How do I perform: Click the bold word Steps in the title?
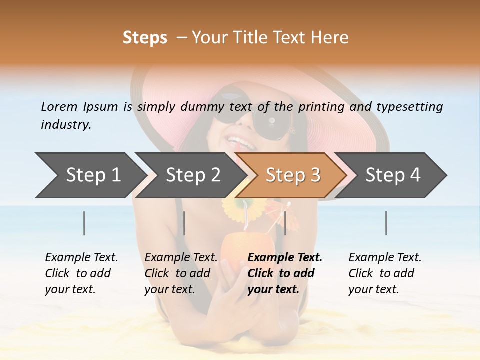(145, 38)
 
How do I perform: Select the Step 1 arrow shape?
(90, 175)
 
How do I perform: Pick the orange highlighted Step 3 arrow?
(292, 175)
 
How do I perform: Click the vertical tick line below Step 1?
(84, 223)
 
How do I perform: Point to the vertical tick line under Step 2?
(184, 223)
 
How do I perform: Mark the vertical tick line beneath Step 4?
(386, 223)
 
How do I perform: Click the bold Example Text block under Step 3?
(285, 273)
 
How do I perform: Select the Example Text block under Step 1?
(81, 273)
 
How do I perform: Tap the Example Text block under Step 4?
(385, 273)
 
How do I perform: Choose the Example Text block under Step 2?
(181, 273)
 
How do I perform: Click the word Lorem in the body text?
(59, 106)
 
